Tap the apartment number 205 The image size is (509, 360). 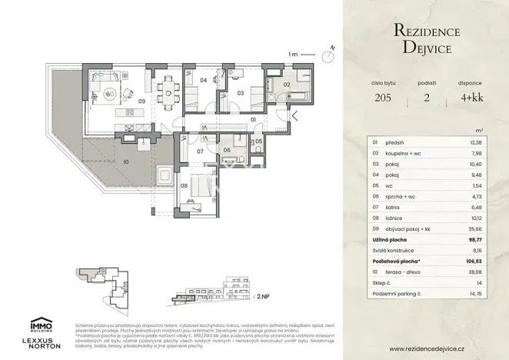(x=381, y=98)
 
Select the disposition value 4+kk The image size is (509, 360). (x=473, y=98)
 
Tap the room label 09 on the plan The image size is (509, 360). (x=141, y=101)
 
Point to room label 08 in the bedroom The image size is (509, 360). (x=185, y=185)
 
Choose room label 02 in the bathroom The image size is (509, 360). (x=286, y=85)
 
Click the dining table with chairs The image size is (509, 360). (x=166, y=93)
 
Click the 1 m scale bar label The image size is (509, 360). (x=292, y=55)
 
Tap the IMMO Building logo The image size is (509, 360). (x=41, y=325)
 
